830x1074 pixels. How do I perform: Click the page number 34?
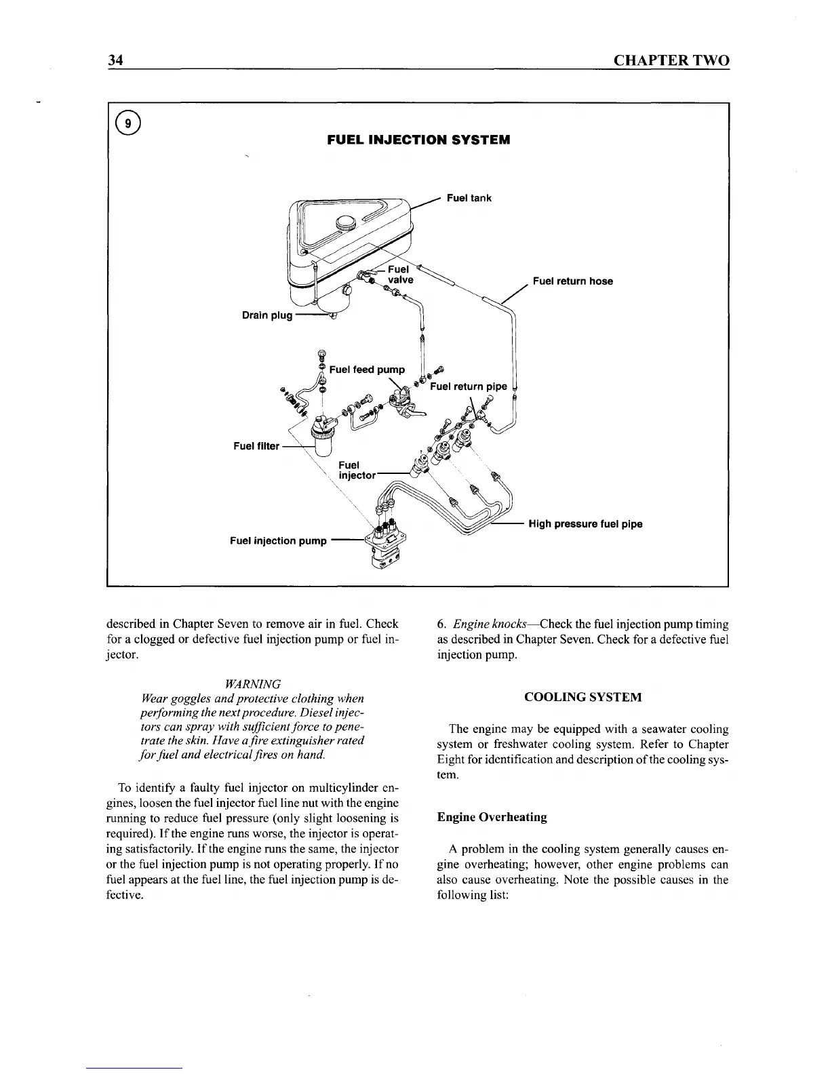pos(115,60)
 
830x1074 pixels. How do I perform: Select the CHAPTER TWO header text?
pos(671,60)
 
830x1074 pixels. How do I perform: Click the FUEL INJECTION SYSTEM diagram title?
pos(418,140)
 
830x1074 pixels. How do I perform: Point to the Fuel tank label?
pos(469,198)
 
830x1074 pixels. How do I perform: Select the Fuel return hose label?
pos(572,281)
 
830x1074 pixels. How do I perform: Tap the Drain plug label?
pos(267,315)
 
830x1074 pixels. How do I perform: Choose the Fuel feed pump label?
pos(367,370)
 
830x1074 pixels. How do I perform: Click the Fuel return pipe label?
pos(469,386)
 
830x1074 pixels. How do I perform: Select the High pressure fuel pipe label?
pos(585,524)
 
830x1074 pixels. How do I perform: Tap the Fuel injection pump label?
pos(278,541)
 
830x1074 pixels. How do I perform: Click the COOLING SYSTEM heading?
pos(583,697)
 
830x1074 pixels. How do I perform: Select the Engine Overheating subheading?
pos(492,817)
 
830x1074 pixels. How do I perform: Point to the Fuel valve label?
pos(399,275)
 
